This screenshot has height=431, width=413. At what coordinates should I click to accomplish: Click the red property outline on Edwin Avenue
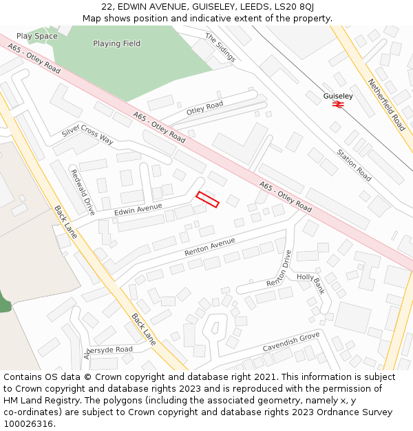click(x=207, y=199)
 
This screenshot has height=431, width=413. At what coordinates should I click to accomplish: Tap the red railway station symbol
click(x=338, y=105)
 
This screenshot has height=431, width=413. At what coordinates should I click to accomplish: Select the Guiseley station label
click(x=338, y=96)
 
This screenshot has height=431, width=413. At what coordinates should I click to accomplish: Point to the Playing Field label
click(x=116, y=43)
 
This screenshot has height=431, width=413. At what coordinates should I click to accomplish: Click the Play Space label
click(x=36, y=36)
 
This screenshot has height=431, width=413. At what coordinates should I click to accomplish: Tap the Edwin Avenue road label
click(x=138, y=209)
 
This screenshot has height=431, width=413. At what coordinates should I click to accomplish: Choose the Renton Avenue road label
click(x=209, y=247)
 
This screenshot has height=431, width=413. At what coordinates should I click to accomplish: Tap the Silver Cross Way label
click(x=87, y=134)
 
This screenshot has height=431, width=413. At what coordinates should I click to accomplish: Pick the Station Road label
click(x=354, y=166)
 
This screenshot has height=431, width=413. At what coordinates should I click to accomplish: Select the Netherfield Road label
click(x=386, y=105)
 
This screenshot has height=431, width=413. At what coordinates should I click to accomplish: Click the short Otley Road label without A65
click(x=204, y=108)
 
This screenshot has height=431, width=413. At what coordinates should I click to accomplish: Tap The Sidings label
click(x=220, y=48)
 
